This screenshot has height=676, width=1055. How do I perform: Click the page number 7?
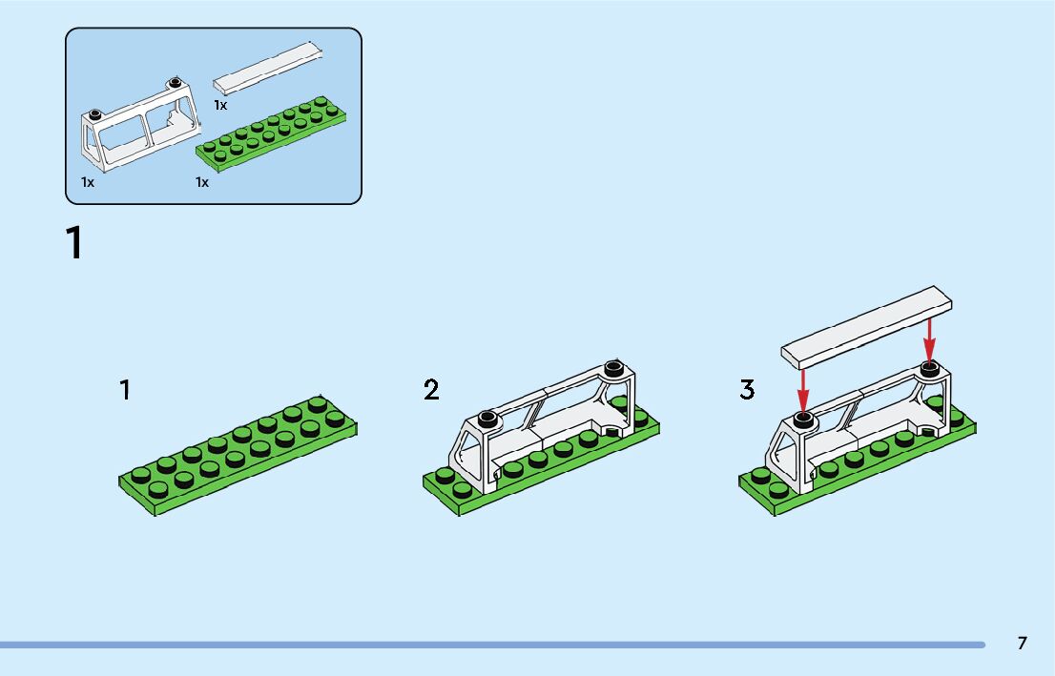pyautogui.click(x=1022, y=643)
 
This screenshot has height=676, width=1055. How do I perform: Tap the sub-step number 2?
pyautogui.click(x=432, y=389)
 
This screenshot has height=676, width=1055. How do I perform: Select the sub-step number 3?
pyautogui.click(x=747, y=389)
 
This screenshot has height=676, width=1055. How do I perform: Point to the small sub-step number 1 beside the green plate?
pyautogui.click(x=125, y=389)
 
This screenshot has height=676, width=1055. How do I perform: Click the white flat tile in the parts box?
pyautogui.click(x=268, y=67)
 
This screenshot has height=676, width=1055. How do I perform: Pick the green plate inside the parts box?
pyautogui.click(x=271, y=135)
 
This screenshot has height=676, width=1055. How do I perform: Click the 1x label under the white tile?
pyautogui.click(x=220, y=105)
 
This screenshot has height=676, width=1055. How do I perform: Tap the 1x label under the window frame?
pyautogui.click(x=88, y=181)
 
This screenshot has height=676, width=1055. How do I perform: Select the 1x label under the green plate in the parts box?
pyautogui.click(x=202, y=181)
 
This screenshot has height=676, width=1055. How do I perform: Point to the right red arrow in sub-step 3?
pyautogui.click(x=929, y=339)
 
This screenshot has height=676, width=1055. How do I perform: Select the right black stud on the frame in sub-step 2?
pyautogui.click(x=614, y=366)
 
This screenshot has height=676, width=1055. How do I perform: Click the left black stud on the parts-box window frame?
pyautogui.click(x=94, y=113)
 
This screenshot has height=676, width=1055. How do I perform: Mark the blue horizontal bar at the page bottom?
pyautogui.click(x=492, y=645)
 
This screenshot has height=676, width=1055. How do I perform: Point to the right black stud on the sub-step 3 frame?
pyautogui.click(x=929, y=368)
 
